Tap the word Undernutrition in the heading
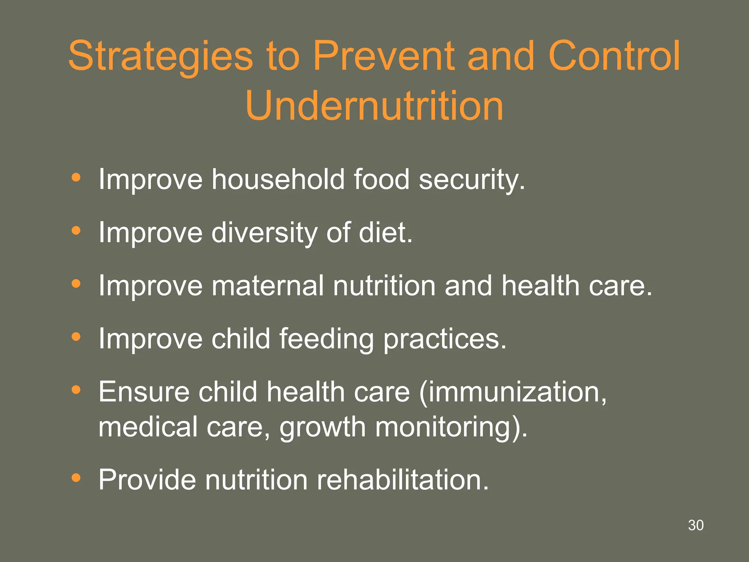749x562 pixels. pos(374,106)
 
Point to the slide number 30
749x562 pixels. pos(696,525)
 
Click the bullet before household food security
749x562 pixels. pos(76,178)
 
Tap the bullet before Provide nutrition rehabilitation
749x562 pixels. pos(76,477)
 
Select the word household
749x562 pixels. pos(278,179)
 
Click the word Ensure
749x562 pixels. pos(144,392)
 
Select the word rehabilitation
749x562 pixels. pos(402,480)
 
